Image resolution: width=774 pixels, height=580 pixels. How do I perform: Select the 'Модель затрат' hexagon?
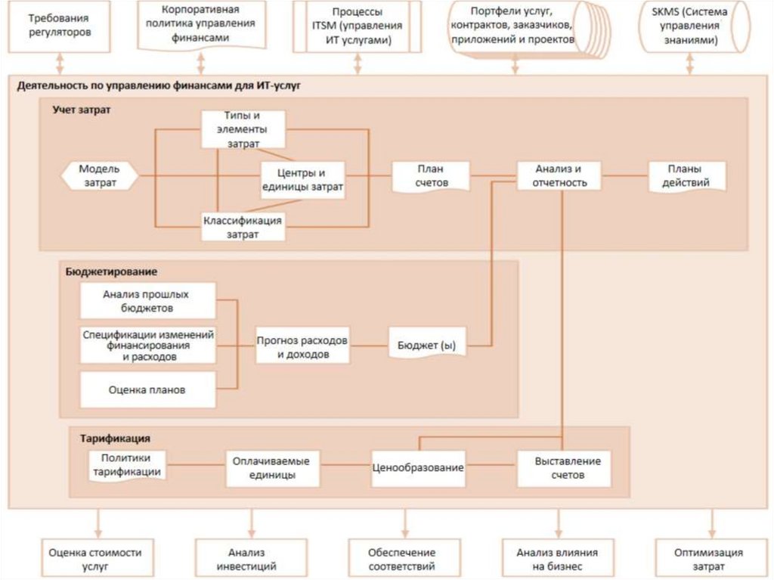point(99,176)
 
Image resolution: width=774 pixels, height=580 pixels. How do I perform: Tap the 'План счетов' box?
point(431,176)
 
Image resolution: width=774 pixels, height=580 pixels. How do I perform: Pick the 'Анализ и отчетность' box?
point(559,176)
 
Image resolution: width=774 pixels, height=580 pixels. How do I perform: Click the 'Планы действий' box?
point(688,176)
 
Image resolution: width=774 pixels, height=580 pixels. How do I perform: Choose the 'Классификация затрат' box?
point(243,227)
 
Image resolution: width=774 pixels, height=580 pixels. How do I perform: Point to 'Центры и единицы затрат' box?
point(302,180)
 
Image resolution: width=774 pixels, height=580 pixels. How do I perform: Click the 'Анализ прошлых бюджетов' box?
point(147,301)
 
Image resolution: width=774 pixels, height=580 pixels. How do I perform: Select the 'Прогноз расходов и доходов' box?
point(302,347)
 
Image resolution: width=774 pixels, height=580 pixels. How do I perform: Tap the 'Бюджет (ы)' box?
point(427,346)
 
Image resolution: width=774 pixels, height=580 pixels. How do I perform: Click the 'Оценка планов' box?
point(147,391)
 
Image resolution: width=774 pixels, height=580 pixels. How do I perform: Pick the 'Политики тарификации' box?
point(127,465)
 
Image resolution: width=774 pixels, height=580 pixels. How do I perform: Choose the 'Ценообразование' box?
point(417,468)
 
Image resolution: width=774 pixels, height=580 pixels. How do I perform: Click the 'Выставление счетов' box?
point(563,468)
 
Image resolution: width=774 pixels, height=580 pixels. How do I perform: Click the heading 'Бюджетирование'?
point(107,271)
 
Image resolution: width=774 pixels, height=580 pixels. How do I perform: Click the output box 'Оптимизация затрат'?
point(708,559)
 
